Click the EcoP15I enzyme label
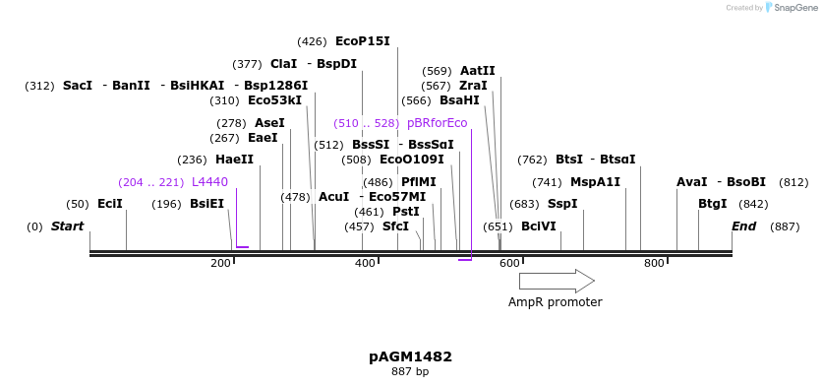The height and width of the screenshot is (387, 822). (x=362, y=41)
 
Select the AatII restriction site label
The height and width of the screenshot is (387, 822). (x=477, y=71)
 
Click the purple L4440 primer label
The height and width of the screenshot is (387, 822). (x=209, y=182)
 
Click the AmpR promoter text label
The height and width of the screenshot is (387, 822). (x=555, y=302)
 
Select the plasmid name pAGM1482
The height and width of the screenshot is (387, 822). (x=410, y=356)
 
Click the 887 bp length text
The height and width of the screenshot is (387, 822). (x=410, y=372)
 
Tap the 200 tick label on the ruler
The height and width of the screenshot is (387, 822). (x=220, y=264)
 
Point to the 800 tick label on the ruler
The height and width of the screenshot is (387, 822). (x=654, y=264)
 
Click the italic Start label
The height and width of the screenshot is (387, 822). (x=67, y=226)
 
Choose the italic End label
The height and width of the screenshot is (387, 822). (x=744, y=226)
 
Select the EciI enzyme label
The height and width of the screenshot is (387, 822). (x=110, y=204)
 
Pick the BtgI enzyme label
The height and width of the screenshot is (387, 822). (x=712, y=204)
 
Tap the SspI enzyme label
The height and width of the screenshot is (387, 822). (x=561, y=204)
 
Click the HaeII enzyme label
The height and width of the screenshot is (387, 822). (x=234, y=160)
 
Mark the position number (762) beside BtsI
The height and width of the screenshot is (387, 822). (x=532, y=160)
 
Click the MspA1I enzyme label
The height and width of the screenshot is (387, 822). (x=595, y=182)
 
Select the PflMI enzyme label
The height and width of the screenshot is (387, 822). (x=418, y=182)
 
